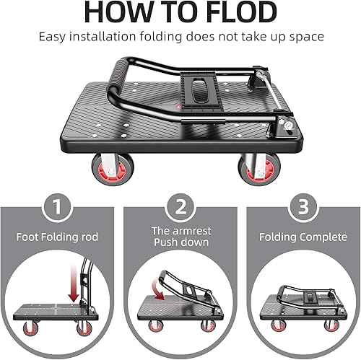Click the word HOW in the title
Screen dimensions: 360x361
[x=118, y=14]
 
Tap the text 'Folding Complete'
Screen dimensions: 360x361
[x=300, y=237]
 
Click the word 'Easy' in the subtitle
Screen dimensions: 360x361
[x=53, y=36]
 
